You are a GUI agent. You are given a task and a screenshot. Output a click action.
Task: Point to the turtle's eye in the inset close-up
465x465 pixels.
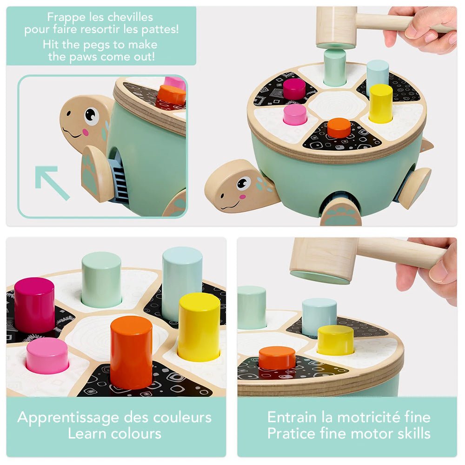(91, 115)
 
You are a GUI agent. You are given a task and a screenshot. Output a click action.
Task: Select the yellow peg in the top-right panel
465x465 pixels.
(381, 103)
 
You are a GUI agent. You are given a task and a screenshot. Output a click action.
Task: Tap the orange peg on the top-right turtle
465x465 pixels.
(339, 128)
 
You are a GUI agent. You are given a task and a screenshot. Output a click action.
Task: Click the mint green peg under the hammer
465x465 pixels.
(335, 67)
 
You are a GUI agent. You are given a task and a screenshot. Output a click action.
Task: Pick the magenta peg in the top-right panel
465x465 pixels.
(294, 88)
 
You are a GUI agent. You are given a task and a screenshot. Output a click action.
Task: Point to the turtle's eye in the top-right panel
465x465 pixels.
(244, 183)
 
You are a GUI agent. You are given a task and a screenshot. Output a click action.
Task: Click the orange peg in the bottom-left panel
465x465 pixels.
(132, 352)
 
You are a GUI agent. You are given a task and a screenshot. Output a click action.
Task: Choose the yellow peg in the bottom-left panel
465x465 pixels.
(199, 327)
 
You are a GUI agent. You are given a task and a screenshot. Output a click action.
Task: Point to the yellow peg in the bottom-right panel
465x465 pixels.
(336, 340)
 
